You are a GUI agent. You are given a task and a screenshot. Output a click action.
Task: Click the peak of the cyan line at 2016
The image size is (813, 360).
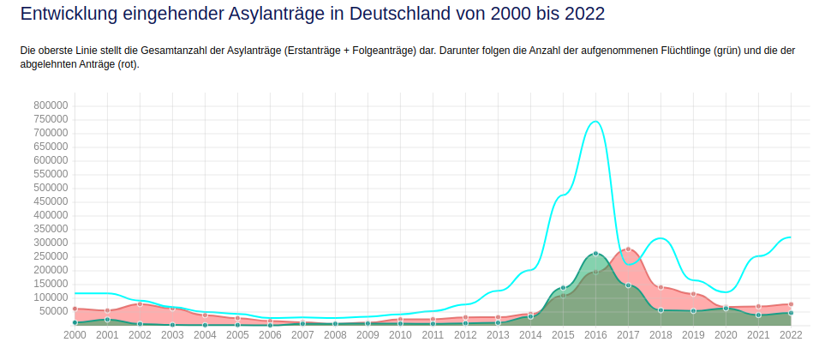595,122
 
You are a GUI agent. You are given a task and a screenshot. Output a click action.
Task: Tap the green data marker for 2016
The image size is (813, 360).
595,254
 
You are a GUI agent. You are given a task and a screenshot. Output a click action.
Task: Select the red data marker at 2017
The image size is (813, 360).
628,249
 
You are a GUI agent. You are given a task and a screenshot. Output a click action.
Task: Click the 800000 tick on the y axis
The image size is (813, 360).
51,105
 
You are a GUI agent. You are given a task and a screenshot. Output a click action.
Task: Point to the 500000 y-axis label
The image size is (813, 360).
51,188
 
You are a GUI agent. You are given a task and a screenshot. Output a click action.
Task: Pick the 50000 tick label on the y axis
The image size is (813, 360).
53,311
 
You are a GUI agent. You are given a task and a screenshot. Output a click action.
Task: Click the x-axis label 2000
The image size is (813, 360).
75,335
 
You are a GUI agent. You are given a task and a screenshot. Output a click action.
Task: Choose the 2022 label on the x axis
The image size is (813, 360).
791,335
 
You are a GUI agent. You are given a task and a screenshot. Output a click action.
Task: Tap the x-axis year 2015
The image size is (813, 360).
563,335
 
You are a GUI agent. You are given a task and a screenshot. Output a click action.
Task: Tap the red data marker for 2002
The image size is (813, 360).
140,304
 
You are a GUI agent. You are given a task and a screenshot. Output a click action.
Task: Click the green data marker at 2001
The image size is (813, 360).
107,320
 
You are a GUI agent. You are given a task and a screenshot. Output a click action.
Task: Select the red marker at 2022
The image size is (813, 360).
791,304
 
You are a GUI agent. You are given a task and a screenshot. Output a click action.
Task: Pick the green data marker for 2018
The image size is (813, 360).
661,309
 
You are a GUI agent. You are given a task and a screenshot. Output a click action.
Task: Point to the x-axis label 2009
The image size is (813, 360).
368,335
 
